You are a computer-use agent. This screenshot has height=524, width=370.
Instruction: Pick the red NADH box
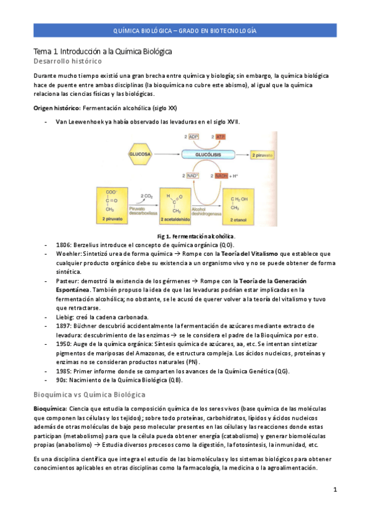221,175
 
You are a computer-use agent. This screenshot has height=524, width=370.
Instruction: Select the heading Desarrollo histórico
67,62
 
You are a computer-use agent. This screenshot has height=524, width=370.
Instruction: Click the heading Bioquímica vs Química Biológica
89,394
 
